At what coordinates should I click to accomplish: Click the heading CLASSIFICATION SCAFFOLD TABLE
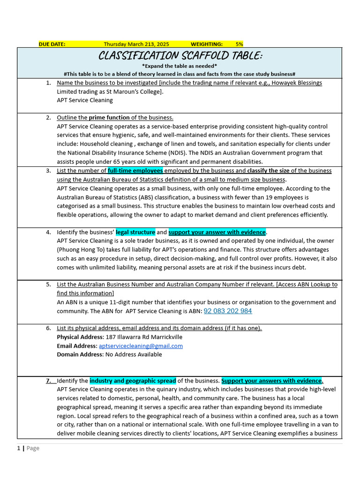tap(180, 56)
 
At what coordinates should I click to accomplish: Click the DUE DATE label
tap(52, 44)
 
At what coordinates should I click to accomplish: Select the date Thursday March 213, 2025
tap(136, 44)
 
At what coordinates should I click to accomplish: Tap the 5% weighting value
tap(239, 44)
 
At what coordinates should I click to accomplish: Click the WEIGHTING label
tap(207, 44)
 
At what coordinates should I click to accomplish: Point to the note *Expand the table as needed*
tap(180, 66)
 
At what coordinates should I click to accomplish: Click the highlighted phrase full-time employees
tap(135, 171)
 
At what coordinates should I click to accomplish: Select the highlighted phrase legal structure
tap(135, 232)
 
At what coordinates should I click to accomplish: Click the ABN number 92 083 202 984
tap(228, 311)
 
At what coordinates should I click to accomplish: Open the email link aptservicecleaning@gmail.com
tap(141, 346)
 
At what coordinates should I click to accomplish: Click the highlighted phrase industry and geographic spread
tap(133, 381)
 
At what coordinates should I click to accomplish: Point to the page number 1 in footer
tap(19, 448)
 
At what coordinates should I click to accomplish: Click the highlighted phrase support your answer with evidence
tap(217, 232)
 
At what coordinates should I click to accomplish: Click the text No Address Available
tap(134, 354)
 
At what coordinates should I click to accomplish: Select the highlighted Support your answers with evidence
tap(272, 381)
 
